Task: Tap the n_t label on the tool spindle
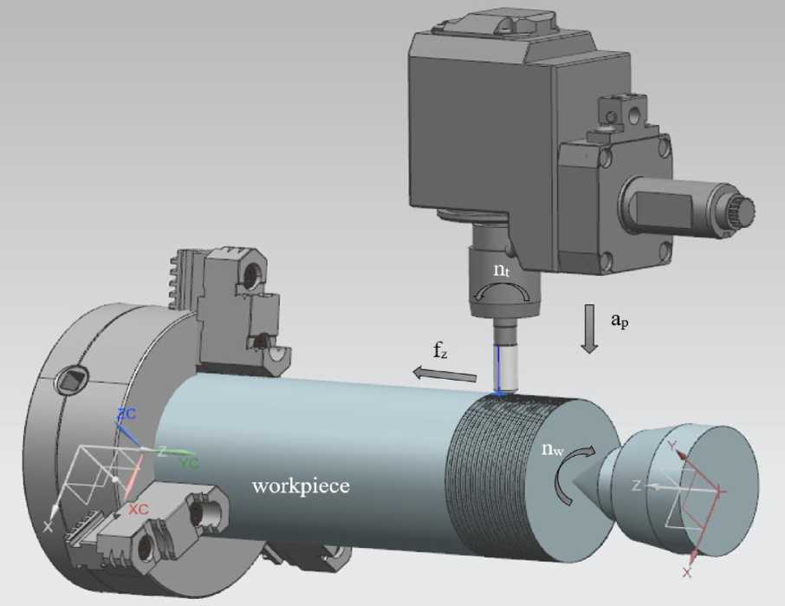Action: pos(501,270)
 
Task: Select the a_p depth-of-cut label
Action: pos(620,320)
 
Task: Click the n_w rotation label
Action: pos(553,449)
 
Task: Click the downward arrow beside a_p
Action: pos(590,329)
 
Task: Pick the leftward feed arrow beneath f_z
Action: pos(444,374)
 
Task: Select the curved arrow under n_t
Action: pos(502,289)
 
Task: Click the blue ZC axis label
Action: pos(127,414)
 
